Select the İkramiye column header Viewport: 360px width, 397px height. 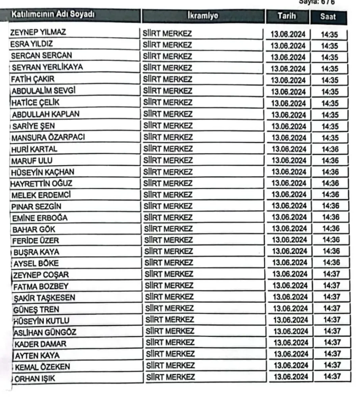point(203,16)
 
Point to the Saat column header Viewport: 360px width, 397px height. point(327,17)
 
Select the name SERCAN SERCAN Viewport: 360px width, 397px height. point(42,56)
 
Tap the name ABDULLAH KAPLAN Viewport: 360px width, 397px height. point(45,114)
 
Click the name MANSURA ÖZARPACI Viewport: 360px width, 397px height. point(48,138)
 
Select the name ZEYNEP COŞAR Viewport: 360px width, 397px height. point(41,275)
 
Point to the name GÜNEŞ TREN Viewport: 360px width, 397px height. point(37,309)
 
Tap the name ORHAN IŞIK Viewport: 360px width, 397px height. point(35,379)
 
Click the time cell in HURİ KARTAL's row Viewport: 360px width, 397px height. point(330,149)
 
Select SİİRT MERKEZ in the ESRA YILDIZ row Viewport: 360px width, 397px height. point(167,44)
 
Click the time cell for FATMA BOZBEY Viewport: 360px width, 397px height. point(331,285)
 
